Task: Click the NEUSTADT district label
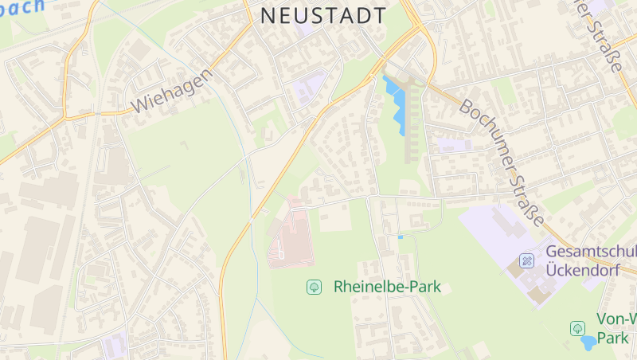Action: point(323,16)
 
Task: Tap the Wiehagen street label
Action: point(173,90)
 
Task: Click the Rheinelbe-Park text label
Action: point(387,286)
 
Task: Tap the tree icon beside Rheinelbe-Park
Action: point(314,286)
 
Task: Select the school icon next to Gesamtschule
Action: point(526,260)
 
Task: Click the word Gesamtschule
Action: point(591,252)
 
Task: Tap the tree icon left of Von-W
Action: point(577,327)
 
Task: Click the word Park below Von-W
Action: point(613,338)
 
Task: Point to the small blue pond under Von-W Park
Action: point(588,342)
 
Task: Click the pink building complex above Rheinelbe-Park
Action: point(290,236)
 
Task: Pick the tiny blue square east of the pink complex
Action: point(400,237)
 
